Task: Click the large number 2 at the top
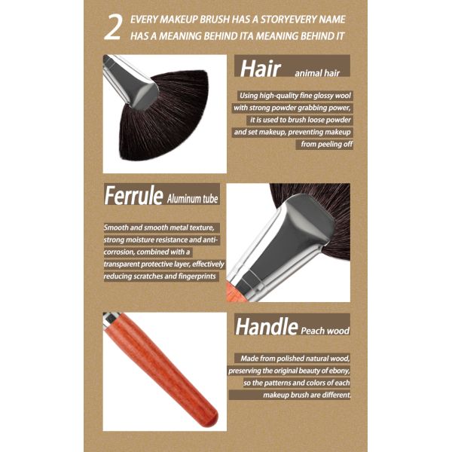point(113,28)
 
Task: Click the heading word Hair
point(260,69)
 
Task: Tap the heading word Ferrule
point(133,195)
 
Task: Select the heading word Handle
point(267,326)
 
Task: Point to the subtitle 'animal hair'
point(317,73)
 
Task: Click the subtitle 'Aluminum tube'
point(192,199)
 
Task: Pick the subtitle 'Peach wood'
point(325,331)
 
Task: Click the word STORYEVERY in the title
point(289,20)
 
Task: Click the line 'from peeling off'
point(327,144)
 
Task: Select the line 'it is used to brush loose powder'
point(301,120)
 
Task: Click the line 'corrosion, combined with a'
point(147,252)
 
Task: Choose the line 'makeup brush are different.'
point(307,395)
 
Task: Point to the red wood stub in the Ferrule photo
point(236,292)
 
